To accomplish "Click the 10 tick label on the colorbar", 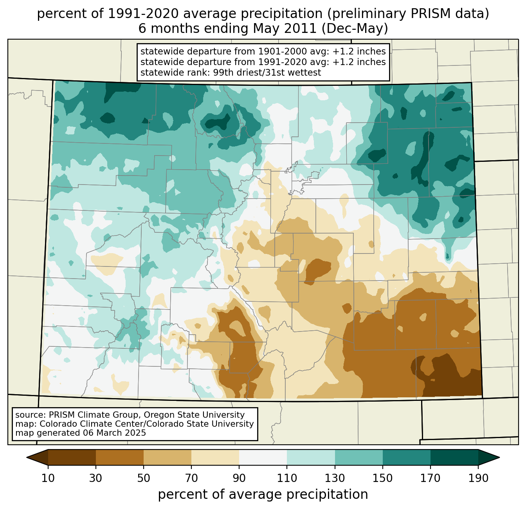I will click(x=48, y=478).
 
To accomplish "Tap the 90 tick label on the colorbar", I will click(x=239, y=478).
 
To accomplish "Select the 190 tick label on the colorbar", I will click(x=478, y=478).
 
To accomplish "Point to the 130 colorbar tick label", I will click(x=335, y=478).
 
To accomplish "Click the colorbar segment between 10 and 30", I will click(x=72, y=457).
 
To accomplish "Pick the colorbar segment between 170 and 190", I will click(x=454, y=457).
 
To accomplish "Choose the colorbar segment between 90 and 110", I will click(x=263, y=457).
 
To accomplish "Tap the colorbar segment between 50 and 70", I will click(x=168, y=457).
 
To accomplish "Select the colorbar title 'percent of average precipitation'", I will click(x=263, y=495).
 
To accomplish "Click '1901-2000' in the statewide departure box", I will click(x=276, y=51).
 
